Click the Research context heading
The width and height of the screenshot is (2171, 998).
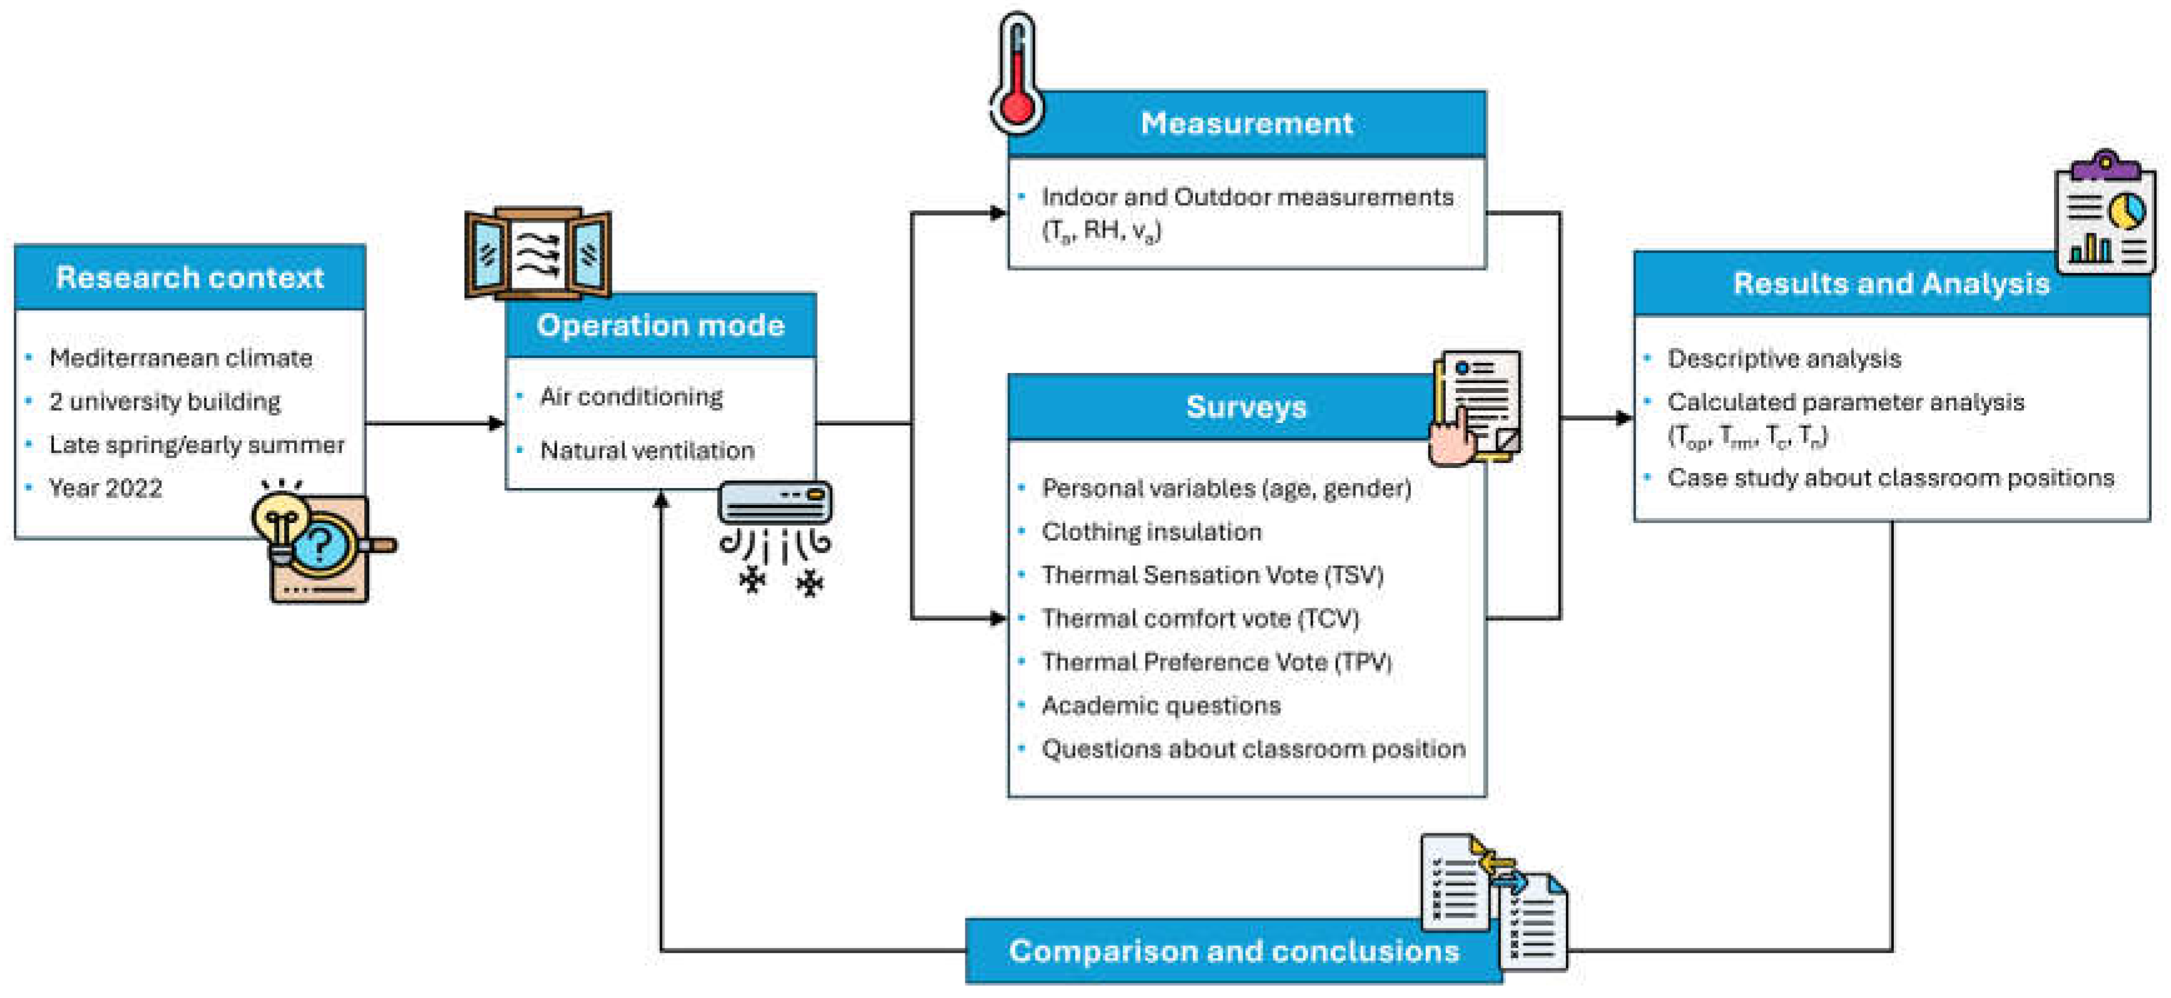coord(190,277)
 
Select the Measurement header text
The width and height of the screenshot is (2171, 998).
coord(1246,123)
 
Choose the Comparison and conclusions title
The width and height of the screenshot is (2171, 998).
coord(1234,951)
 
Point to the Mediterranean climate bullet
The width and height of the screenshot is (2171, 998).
coord(180,359)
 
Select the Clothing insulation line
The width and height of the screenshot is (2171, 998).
coord(1151,532)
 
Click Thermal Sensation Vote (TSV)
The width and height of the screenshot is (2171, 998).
coord(1213,575)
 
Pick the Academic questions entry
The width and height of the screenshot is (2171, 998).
coord(1161,706)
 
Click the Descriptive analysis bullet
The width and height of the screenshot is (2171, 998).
coord(1784,359)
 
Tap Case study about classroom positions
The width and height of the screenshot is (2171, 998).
coord(1890,478)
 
